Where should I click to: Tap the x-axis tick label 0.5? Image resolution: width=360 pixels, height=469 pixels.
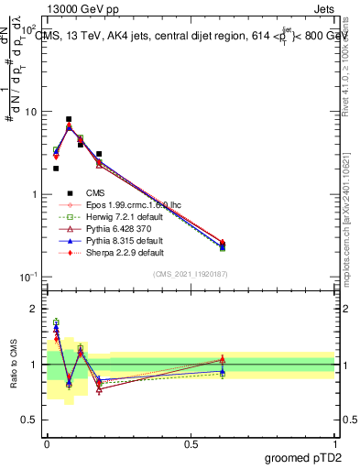coord(191,443)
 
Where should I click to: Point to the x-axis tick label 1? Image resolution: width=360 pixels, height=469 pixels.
coord(334,443)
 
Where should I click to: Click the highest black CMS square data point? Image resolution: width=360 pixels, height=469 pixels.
coord(69,119)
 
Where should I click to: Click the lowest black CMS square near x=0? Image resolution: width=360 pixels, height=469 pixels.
coord(56,169)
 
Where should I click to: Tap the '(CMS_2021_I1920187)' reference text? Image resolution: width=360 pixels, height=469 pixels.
coord(190,274)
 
